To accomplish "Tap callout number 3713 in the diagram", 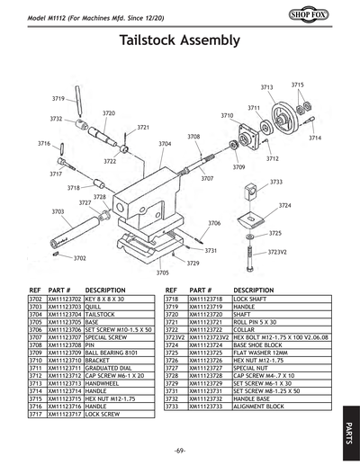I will click(x=266, y=87).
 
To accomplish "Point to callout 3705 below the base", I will click(x=163, y=273).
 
